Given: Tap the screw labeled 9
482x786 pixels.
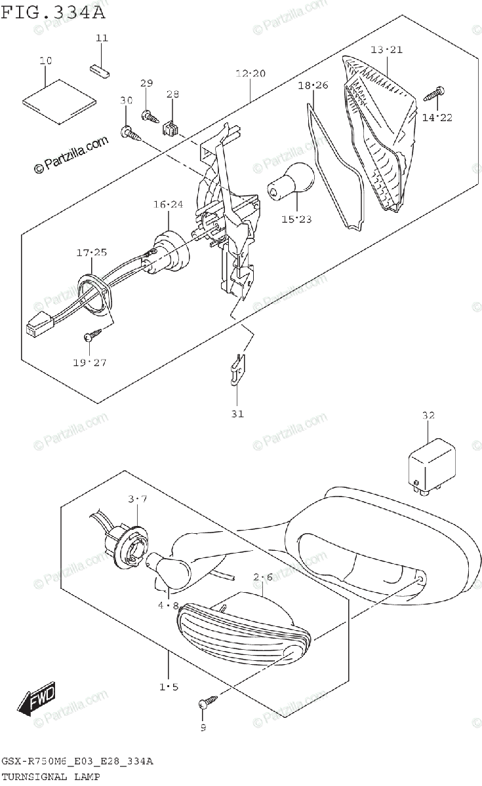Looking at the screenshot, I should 205,703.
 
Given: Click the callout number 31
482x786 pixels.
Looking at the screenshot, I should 237,413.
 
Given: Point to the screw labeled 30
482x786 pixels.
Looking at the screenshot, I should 130,134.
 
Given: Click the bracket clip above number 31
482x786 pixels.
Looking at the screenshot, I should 239,369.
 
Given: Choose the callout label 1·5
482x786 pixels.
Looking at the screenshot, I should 168,686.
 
